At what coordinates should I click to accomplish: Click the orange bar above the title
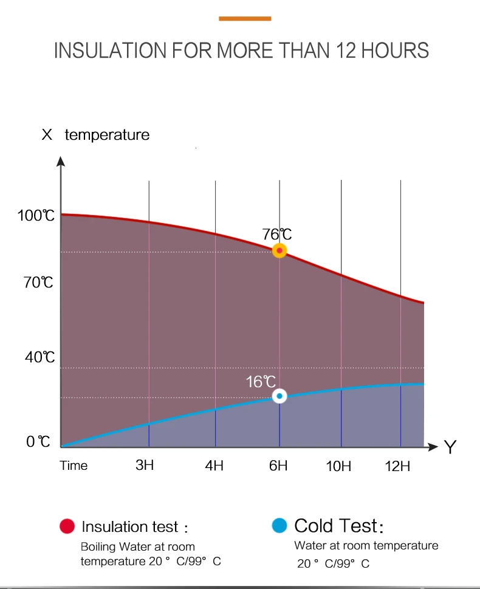click(x=245, y=18)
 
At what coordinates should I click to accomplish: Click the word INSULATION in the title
click(x=111, y=50)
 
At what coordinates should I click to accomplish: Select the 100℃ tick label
click(x=36, y=216)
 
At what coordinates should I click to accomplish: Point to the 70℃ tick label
click(x=38, y=283)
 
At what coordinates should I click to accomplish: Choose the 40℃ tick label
click(x=40, y=357)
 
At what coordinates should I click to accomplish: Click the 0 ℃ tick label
click(x=38, y=442)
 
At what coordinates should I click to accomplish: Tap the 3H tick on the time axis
click(x=145, y=465)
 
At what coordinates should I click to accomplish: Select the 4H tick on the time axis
click(x=214, y=466)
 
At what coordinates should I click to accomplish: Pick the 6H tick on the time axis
click(x=278, y=466)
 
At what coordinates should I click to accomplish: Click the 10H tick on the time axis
click(x=338, y=467)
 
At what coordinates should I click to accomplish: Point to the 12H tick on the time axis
click(x=397, y=467)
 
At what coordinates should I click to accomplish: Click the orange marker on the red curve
click(x=279, y=250)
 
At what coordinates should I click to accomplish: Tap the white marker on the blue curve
click(x=279, y=396)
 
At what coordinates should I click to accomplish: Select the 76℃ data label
click(x=277, y=235)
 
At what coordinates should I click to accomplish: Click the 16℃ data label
click(x=261, y=382)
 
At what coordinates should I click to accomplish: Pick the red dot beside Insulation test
click(x=67, y=526)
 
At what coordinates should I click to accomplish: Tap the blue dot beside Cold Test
click(x=279, y=526)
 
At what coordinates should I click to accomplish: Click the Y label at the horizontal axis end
click(x=450, y=447)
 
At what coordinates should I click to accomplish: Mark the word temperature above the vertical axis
click(x=107, y=135)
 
